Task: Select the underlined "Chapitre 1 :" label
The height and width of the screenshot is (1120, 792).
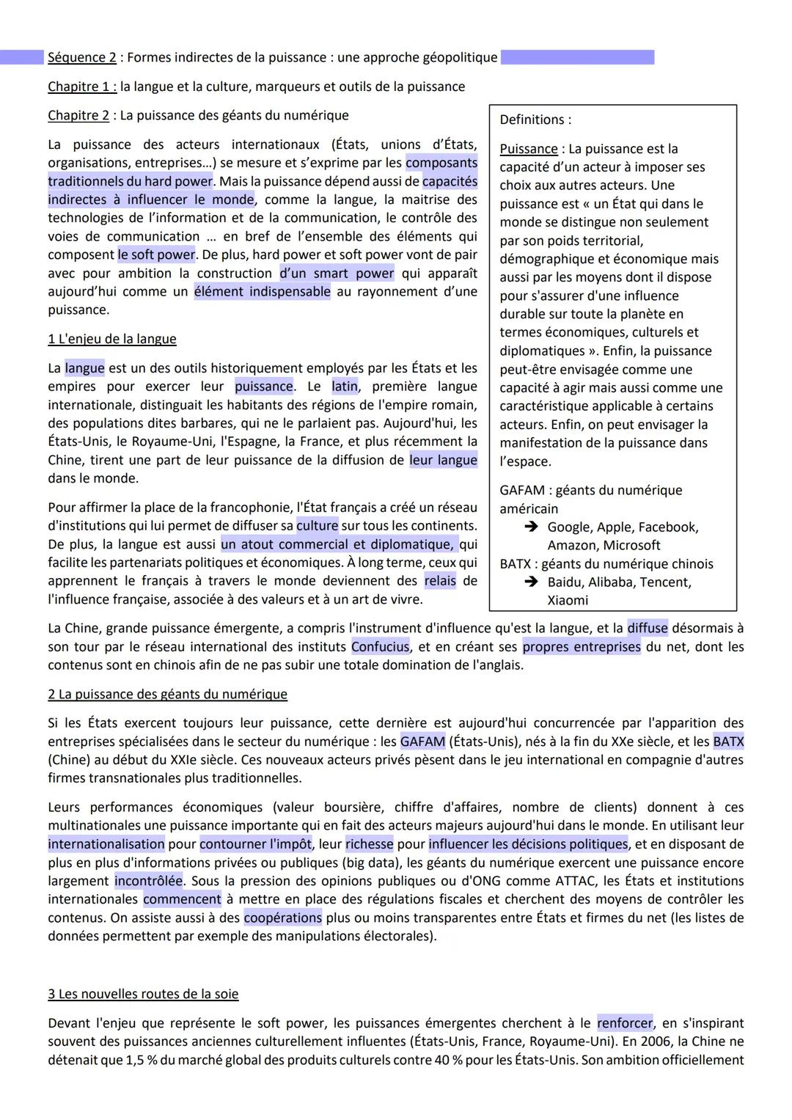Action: [82, 87]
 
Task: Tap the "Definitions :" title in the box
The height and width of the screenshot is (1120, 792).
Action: [535, 120]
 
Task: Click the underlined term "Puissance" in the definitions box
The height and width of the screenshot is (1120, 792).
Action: [528, 149]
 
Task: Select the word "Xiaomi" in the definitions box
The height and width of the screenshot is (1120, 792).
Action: [568, 600]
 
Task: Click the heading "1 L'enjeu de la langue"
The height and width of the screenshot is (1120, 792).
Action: [112, 339]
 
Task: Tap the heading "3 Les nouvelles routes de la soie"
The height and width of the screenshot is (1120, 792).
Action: [143, 994]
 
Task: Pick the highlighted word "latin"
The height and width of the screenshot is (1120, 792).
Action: [345, 387]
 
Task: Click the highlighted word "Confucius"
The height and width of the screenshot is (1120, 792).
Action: [380, 647]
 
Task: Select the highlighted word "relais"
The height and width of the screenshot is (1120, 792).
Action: [440, 581]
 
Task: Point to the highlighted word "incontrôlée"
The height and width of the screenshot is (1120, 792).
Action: [149, 881]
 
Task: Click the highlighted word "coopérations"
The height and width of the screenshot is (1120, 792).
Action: [282, 918]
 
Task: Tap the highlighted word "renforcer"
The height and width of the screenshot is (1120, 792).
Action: [625, 1023]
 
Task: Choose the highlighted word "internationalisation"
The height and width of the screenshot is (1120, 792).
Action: [106, 844]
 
